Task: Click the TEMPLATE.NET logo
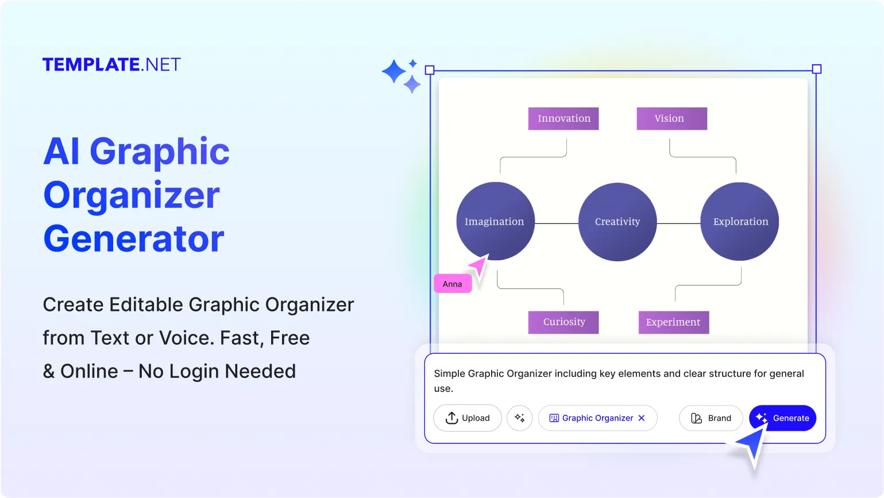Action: click(x=111, y=64)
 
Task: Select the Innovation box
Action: click(x=563, y=118)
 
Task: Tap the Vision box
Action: click(x=671, y=118)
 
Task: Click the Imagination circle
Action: click(x=495, y=221)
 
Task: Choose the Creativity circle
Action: click(x=617, y=222)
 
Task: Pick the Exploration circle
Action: click(x=740, y=222)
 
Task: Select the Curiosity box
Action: click(x=563, y=322)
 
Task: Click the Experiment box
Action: click(x=674, y=322)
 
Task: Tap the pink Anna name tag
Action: click(x=453, y=284)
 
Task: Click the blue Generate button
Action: click(x=782, y=418)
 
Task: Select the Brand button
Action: click(x=711, y=418)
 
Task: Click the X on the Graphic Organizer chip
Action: click(x=642, y=418)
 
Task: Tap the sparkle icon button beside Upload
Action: click(x=520, y=418)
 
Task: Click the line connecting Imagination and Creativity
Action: click(x=556, y=223)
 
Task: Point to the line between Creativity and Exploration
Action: click(x=678, y=223)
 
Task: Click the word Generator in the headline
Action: click(x=134, y=239)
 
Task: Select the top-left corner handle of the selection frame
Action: click(x=430, y=70)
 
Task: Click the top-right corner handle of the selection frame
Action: click(x=817, y=70)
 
